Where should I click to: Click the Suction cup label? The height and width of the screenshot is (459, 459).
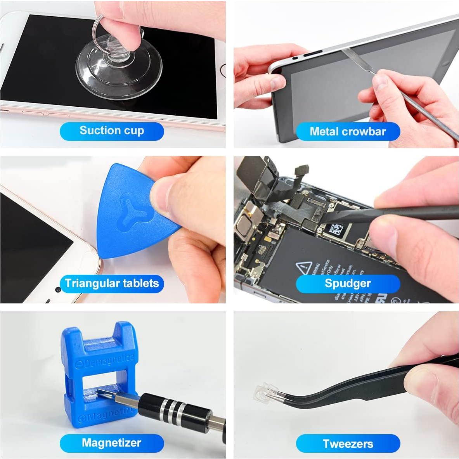click(x=112, y=131)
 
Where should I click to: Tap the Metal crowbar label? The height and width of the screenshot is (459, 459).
click(x=348, y=132)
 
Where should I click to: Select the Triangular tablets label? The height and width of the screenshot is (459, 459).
click(x=112, y=283)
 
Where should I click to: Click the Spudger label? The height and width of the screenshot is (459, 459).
click(x=348, y=283)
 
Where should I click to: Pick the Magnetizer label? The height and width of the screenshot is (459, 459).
click(x=112, y=443)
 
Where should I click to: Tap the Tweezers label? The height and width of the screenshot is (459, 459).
click(x=348, y=443)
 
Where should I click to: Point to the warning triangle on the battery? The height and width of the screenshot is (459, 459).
click(x=304, y=268)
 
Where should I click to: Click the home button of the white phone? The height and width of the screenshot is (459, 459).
click(x=223, y=71)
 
